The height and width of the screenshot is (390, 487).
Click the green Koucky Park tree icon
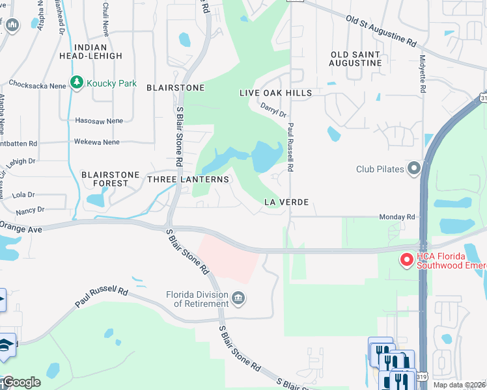click(77, 83)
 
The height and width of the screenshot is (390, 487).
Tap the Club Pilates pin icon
click(414, 169)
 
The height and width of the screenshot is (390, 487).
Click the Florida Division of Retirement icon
click(238, 298)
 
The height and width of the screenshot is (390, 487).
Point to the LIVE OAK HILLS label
click(275, 93)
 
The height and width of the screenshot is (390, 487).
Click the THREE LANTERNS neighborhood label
click(188, 179)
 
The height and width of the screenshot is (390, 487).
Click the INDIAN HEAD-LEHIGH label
click(98, 51)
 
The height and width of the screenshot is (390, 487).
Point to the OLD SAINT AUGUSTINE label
click(355, 58)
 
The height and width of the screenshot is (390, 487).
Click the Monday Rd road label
click(402, 216)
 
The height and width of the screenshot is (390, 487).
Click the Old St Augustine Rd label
click(380, 31)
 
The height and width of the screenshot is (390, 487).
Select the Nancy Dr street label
click(31, 210)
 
